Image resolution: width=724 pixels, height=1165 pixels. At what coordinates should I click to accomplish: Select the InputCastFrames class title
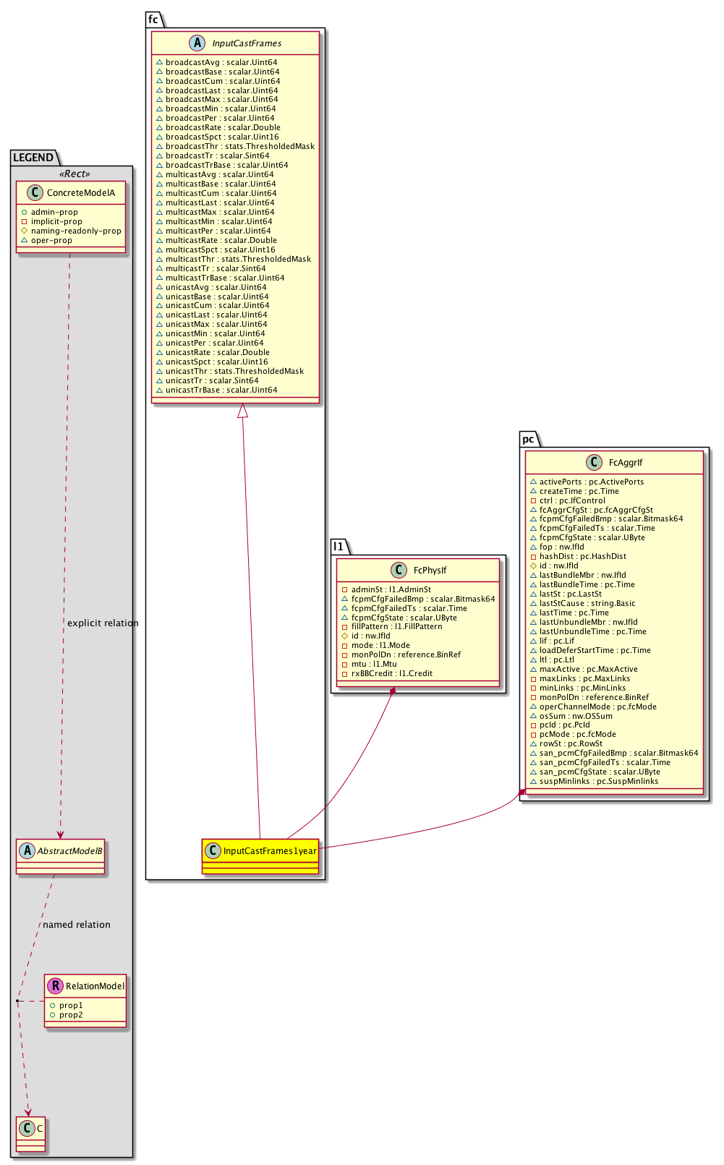point(247,43)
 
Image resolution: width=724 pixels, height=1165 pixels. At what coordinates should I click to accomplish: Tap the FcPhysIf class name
point(430,571)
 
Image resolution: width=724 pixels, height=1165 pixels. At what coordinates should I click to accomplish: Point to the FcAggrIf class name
point(626,463)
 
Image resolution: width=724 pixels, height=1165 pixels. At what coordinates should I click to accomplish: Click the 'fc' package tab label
point(153,20)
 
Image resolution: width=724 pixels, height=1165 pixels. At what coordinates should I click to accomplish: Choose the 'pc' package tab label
point(529,439)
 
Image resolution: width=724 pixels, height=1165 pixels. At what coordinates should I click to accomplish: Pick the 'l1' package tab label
point(338,546)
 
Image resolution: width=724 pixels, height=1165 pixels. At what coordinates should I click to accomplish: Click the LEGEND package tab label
point(33,158)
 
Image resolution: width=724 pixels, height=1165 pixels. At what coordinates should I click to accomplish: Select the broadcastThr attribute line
point(235,146)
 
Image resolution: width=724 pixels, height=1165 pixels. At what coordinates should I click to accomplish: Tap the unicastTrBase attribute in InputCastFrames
point(216,390)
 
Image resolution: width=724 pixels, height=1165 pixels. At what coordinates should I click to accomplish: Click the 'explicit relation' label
point(103,623)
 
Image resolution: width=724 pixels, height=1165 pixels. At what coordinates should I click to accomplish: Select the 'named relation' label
point(77,925)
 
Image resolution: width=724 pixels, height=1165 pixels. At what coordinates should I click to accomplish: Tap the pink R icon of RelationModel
point(54,986)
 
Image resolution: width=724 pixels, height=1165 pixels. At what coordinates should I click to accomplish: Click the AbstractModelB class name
point(69,851)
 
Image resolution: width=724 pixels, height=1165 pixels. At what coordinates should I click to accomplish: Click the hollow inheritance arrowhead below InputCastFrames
point(243,410)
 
